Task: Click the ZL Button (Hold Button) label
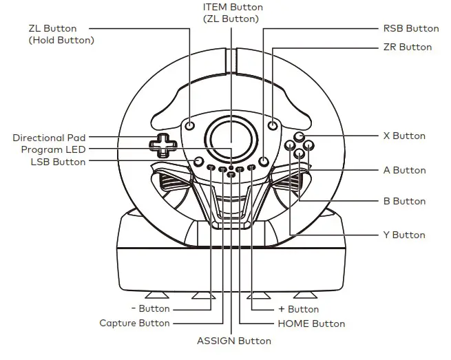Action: tap(61, 34)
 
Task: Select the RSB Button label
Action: tap(410, 28)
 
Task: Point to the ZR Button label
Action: tap(407, 47)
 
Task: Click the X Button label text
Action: tap(403, 136)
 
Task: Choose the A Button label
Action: tap(403, 170)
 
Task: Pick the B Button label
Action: tap(403, 201)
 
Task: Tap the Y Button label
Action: tap(403, 235)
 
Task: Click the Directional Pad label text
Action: tap(49, 138)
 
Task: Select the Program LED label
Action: tap(53, 149)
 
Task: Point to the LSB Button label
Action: tap(58, 162)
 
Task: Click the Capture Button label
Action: tap(134, 323)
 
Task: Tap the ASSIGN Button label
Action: tap(233, 340)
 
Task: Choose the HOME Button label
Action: tap(311, 323)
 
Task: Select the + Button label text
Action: tap(298, 309)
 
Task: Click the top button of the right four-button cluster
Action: tap(299, 137)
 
